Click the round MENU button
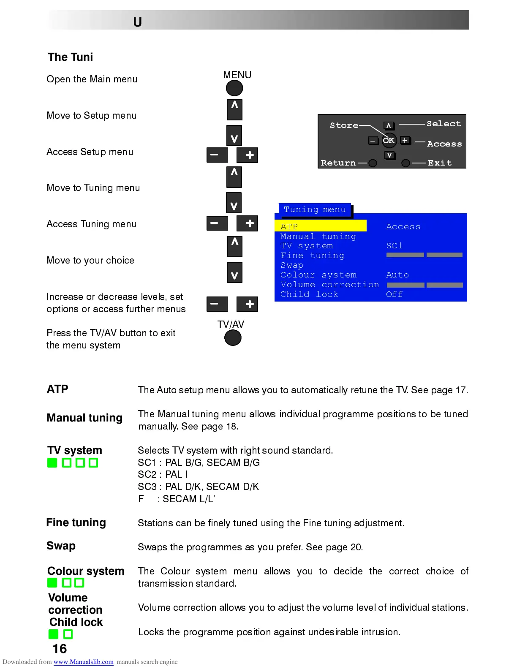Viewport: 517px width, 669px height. (234, 88)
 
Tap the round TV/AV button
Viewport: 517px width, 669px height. (233, 338)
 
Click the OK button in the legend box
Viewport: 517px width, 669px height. (389, 140)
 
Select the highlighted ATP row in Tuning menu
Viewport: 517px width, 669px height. (320, 226)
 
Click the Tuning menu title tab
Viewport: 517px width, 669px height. (315, 209)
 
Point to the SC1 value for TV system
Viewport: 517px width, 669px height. (394, 246)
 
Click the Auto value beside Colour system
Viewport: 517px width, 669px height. (397, 275)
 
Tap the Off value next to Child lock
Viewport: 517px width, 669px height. (394, 294)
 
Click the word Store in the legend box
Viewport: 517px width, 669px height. (344, 125)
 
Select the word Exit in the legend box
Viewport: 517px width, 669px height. (439, 163)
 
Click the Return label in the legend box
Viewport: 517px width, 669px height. (338, 163)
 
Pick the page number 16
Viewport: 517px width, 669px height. (60, 649)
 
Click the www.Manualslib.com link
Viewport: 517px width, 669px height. (83, 662)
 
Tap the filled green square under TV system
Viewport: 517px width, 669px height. (52, 463)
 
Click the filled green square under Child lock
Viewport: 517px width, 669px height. (53, 634)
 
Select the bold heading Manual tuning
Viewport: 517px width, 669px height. (84, 418)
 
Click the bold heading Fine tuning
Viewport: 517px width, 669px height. (76, 522)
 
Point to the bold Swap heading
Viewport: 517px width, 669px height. (61, 546)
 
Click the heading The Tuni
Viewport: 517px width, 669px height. (70, 57)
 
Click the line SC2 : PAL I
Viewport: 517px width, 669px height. (163, 475)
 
